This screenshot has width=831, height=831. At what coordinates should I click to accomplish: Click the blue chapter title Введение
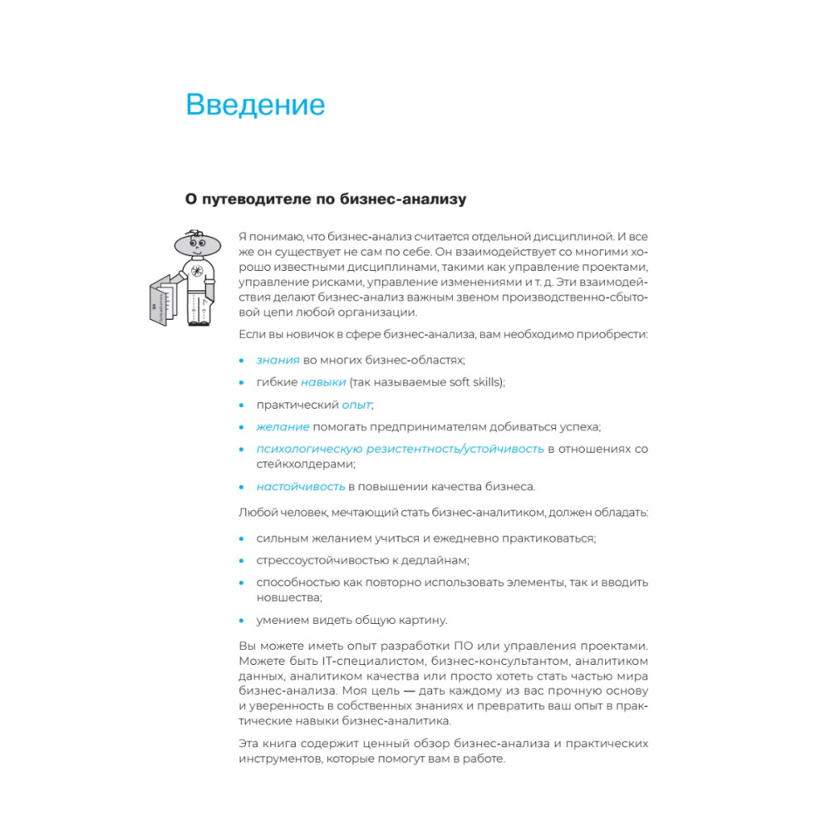(255, 106)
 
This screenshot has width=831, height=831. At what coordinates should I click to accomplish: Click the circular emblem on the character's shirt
(197, 271)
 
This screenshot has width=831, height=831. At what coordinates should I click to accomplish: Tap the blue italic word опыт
(357, 405)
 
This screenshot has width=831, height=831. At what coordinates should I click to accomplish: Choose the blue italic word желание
(283, 427)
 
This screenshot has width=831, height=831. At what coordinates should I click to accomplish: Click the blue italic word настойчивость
(301, 486)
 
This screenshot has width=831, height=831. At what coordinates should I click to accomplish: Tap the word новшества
(288, 597)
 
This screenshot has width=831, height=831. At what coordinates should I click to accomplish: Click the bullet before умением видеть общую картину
(242, 620)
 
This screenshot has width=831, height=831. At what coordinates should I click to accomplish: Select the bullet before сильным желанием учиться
(242, 538)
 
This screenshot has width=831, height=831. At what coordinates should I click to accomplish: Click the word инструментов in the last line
(278, 760)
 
